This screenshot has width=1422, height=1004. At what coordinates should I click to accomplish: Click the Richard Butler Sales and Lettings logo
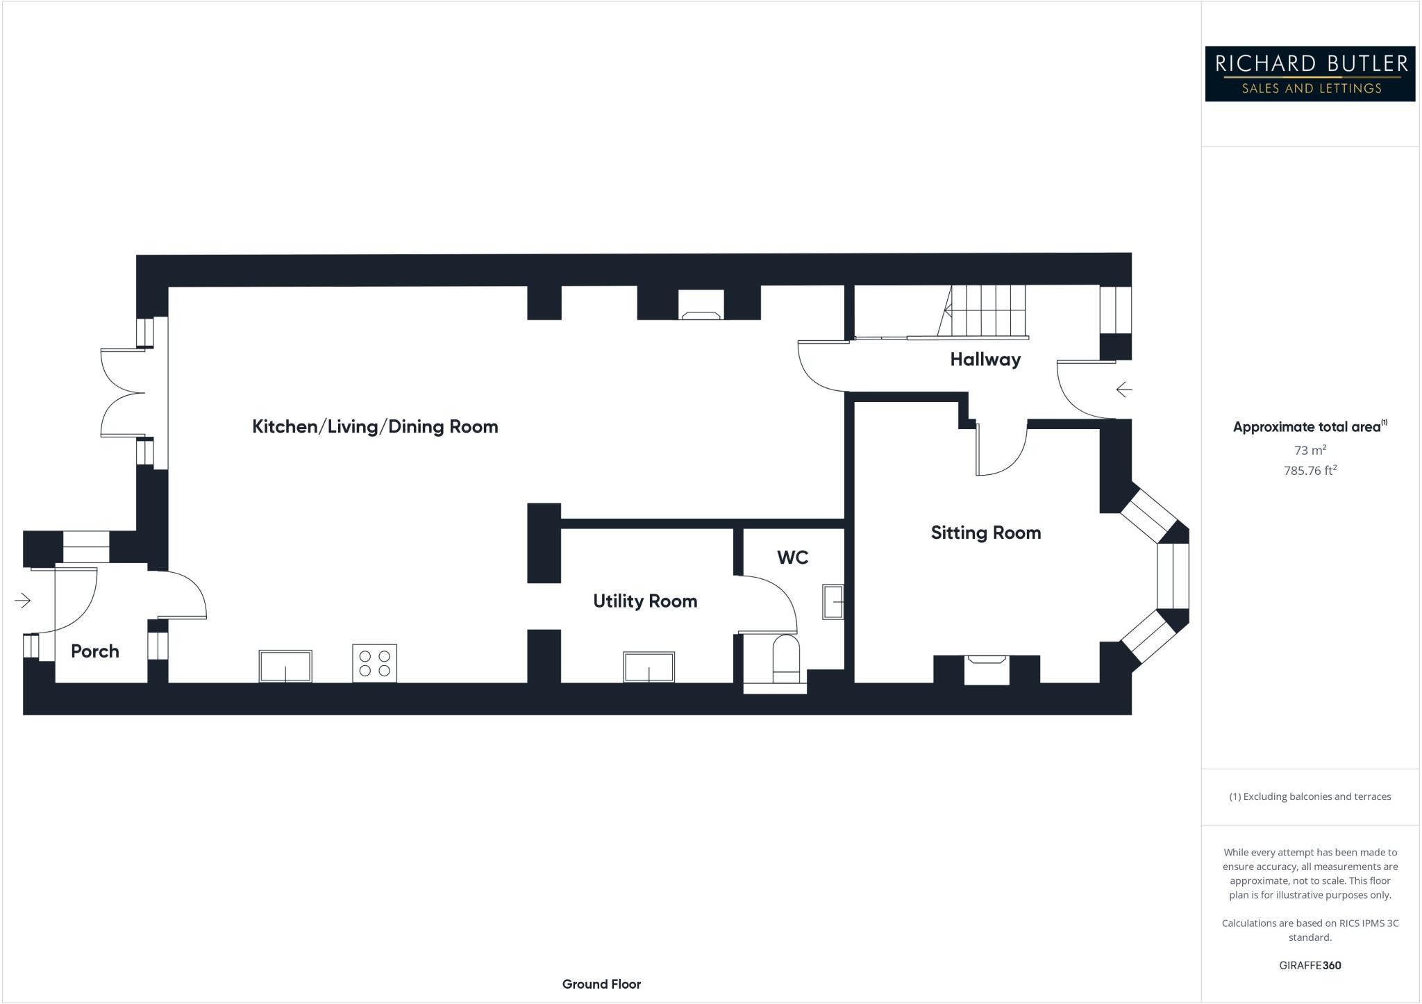click(1310, 74)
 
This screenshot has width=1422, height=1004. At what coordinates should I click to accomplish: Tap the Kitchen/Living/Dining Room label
click(375, 426)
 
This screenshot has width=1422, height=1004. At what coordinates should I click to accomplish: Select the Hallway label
click(985, 360)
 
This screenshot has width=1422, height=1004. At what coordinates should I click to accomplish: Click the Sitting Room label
click(985, 533)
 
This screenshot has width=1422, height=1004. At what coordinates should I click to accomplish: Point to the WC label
click(792, 558)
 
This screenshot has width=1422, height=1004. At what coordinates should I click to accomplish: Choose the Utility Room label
click(644, 601)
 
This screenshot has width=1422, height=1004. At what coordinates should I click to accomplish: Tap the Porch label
click(95, 651)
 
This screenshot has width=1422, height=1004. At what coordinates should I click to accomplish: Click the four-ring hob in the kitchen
click(374, 663)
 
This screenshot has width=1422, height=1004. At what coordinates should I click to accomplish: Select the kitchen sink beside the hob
click(285, 666)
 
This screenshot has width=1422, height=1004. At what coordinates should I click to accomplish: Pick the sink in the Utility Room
click(649, 667)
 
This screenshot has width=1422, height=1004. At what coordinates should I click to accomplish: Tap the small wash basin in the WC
click(833, 602)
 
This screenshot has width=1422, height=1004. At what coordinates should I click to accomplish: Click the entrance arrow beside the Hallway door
click(1123, 390)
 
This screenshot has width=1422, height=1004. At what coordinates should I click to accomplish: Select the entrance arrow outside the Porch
click(23, 600)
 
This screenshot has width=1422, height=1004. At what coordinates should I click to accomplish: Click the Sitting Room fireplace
click(986, 669)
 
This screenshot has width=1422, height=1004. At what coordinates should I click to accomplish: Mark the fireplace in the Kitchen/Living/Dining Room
click(701, 306)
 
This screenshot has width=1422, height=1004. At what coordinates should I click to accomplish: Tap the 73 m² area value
click(1310, 451)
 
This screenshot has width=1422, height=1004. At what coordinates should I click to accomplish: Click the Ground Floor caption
click(601, 984)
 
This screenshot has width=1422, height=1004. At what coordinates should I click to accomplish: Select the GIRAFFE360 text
click(1310, 965)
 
